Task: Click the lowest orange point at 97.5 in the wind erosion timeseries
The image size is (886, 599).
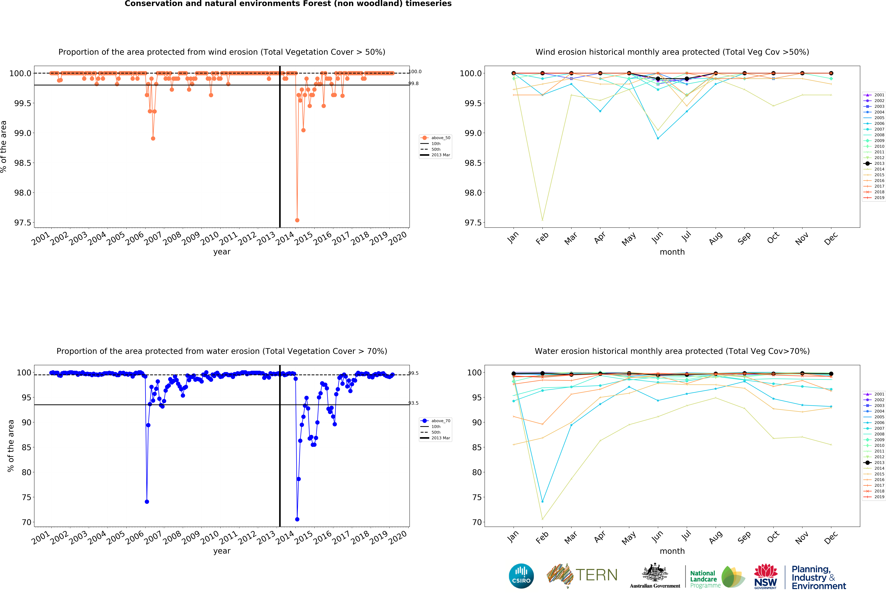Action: coord(297,220)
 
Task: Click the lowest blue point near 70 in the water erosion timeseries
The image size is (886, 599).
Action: coord(297,519)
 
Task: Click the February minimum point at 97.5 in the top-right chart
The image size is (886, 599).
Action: coord(542,220)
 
